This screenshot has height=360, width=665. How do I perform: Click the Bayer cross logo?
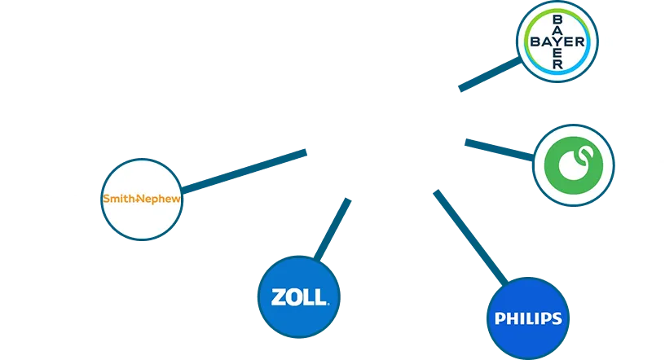pyautogui.click(x=557, y=42)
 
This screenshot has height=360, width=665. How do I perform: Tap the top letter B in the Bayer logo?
pyautogui.click(x=557, y=19)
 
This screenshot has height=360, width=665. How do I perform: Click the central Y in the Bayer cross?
pyautogui.click(x=557, y=42)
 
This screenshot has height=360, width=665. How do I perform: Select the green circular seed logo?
pyautogui.click(x=574, y=165)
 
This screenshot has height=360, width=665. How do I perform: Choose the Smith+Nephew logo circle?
pyautogui.click(x=141, y=199)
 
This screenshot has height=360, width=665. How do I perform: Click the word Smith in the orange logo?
pyautogui.click(x=118, y=199)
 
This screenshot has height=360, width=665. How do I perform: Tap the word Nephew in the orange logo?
pyautogui.click(x=161, y=199)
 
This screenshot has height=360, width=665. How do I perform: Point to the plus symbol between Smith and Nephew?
pyautogui.click(x=138, y=199)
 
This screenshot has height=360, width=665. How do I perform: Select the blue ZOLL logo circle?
pyautogui.click(x=295, y=297)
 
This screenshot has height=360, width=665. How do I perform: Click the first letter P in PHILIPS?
pyautogui.click(x=499, y=318)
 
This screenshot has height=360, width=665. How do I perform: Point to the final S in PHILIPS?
pyautogui.click(x=557, y=318)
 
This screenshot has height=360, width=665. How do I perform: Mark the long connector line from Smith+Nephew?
pyautogui.click(x=244, y=169)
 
